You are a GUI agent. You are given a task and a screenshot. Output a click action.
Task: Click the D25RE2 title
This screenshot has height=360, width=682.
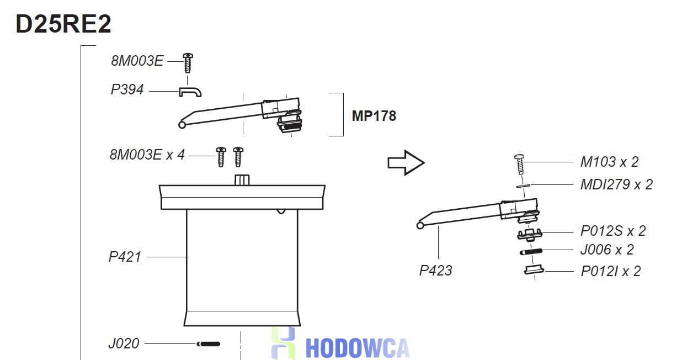(x=63, y=24)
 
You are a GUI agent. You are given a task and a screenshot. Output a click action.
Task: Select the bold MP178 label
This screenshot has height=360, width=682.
(x=374, y=116)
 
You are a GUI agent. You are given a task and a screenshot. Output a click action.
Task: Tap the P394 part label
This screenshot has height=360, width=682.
(x=127, y=89)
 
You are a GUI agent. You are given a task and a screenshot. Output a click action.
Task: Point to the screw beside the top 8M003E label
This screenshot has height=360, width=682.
(x=188, y=63)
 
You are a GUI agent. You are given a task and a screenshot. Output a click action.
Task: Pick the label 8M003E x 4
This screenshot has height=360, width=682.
(x=147, y=155)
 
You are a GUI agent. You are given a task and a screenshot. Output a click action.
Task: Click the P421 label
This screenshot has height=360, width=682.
(x=125, y=257)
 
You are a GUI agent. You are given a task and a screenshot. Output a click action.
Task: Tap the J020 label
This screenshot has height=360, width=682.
(x=124, y=343)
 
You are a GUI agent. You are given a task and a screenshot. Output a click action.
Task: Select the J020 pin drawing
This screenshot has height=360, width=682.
(x=208, y=344)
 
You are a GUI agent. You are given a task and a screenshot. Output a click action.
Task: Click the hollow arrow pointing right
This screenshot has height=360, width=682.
(x=406, y=163)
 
